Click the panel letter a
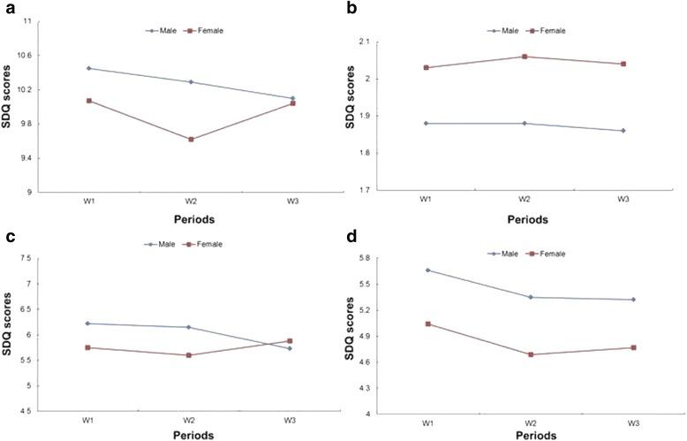(x=6, y=8)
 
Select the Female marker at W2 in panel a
(x=190, y=139)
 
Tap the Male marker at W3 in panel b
(x=623, y=131)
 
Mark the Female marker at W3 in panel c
(x=289, y=341)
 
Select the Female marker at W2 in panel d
(x=531, y=354)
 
